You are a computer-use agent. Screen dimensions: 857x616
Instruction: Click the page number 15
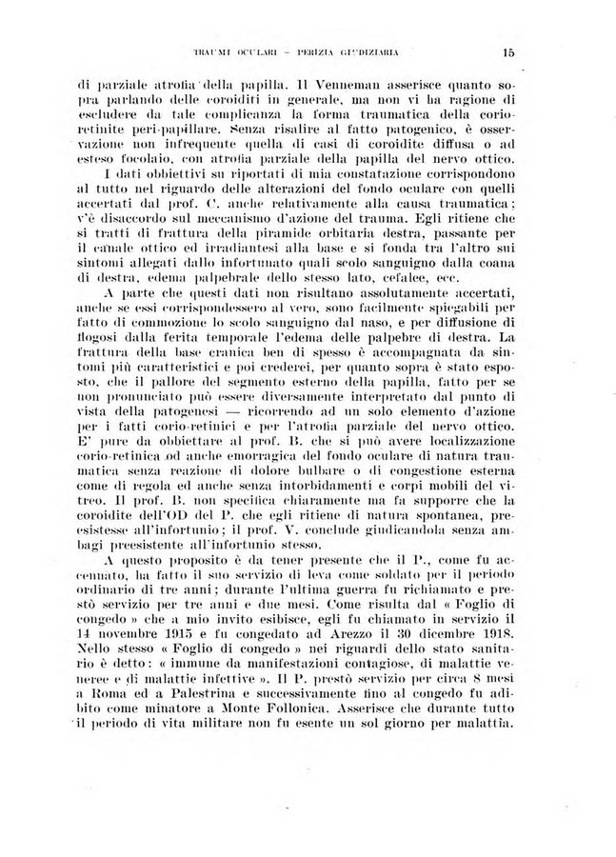pos(509,54)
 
